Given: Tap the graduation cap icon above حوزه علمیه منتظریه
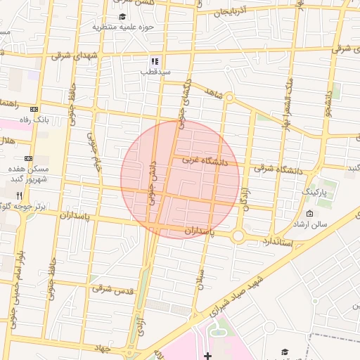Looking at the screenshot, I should (122, 16).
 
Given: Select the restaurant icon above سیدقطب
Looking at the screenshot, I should (154, 61).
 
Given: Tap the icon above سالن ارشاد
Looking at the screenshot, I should (309, 213).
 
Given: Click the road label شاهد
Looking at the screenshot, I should (213, 92).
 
